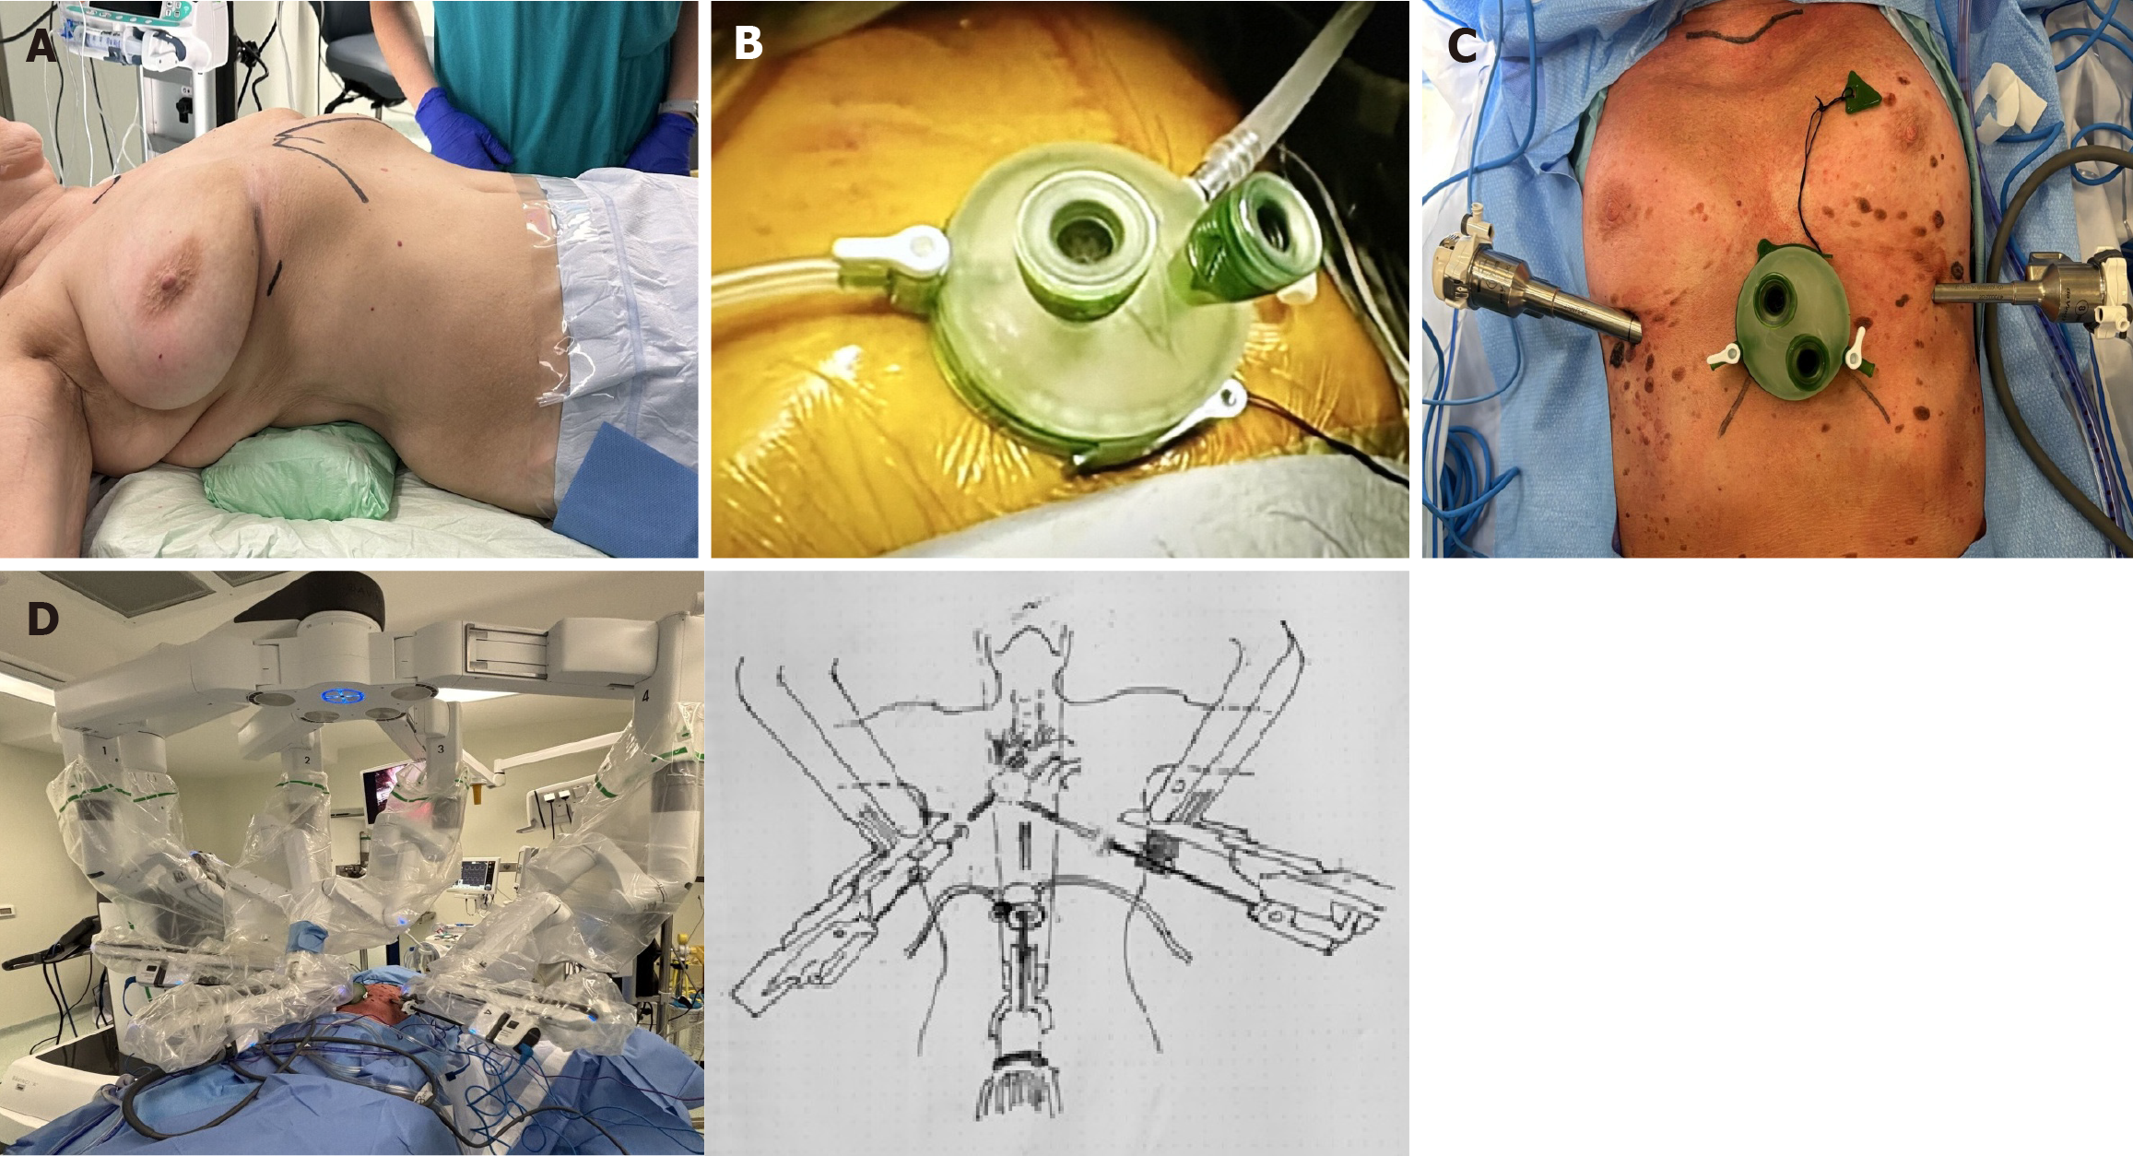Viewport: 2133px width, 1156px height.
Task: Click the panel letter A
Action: pyautogui.click(x=41, y=44)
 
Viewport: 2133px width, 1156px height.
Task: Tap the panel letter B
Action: pyautogui.click(x=748, y=42)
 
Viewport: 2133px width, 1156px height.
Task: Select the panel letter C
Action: pyautogui.click(x=1463, y=44)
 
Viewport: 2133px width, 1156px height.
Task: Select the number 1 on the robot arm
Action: pyautogui.click(x=106, y=752)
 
